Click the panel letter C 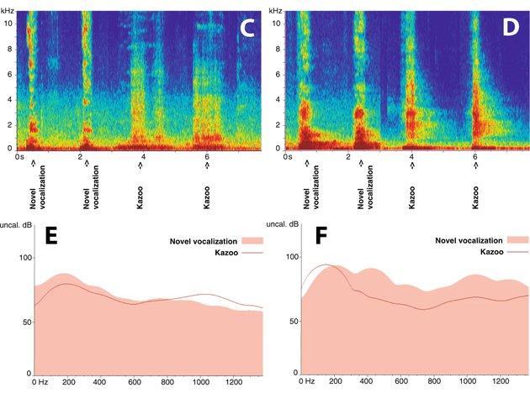[246, 28]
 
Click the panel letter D [511, 28]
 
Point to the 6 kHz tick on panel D [284, 73]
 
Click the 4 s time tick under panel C [143, 157]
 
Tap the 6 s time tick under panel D [474, 157]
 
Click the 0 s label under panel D [287, 157]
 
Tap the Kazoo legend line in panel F [513, 253]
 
